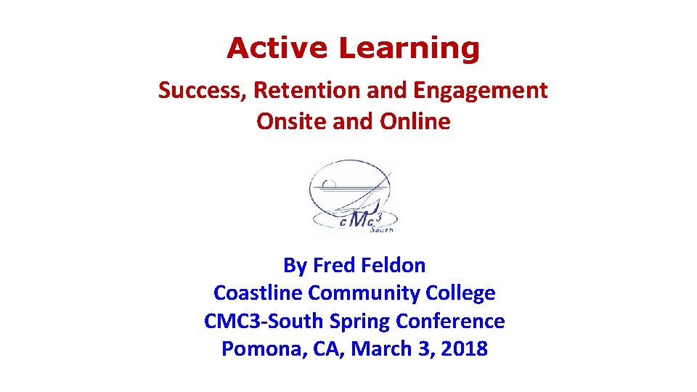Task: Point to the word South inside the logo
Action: coord(382,229)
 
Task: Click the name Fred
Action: coord(333,266)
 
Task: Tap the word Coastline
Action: coord(258,293)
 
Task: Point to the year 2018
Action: coord(462,349)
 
